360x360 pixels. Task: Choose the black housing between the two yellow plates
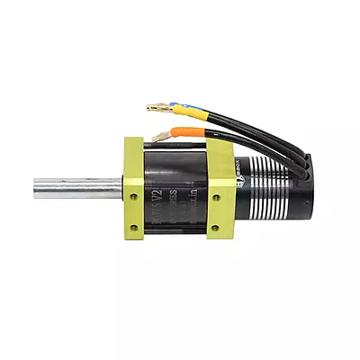[176, 189]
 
